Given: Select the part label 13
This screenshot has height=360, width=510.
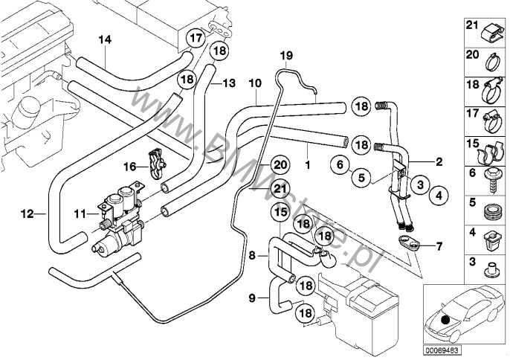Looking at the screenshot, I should click(227, 83).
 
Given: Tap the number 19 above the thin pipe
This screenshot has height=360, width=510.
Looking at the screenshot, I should click(287, 56).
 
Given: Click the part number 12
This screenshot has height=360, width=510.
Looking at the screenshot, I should click(28, 214).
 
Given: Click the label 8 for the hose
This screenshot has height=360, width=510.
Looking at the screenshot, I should click(253, 256).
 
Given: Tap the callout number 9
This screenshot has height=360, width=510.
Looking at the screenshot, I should click(253, 299).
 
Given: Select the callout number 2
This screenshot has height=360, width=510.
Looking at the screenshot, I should click(439, 161).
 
